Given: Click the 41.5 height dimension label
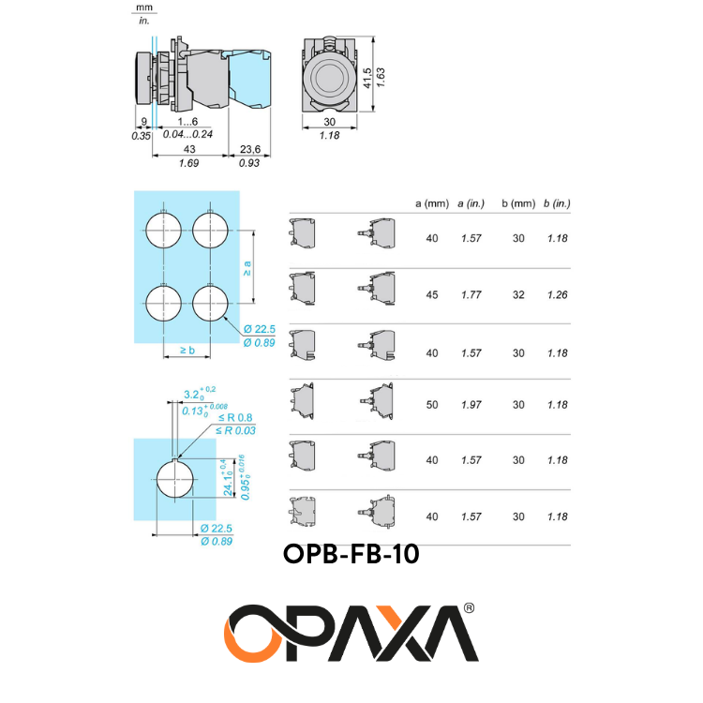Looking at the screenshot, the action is (367, 78).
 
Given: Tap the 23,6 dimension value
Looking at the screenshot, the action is (250, 149).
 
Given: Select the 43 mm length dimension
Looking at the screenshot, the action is (189, 149).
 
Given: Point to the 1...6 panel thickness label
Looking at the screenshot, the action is (187, 122).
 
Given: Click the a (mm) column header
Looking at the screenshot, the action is (432, 203).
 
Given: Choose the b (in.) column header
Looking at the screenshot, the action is (557, 203).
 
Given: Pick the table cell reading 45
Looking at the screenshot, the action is (432, 294).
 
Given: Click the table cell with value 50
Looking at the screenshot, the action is (432, 405).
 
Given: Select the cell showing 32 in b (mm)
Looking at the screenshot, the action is (518, 294).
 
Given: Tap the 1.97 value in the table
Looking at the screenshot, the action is (471, 405).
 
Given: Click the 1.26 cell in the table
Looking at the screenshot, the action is (558, 294).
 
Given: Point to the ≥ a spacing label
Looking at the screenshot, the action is (247, 268).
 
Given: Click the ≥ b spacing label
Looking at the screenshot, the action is (187, 351).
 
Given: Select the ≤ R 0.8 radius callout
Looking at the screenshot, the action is (235, 418).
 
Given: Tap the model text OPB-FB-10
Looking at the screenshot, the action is (351, 554).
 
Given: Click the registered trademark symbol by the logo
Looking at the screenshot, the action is (468, 608).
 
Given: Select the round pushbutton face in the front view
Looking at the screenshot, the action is (329, 76).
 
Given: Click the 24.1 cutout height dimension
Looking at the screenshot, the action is (228, 477).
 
